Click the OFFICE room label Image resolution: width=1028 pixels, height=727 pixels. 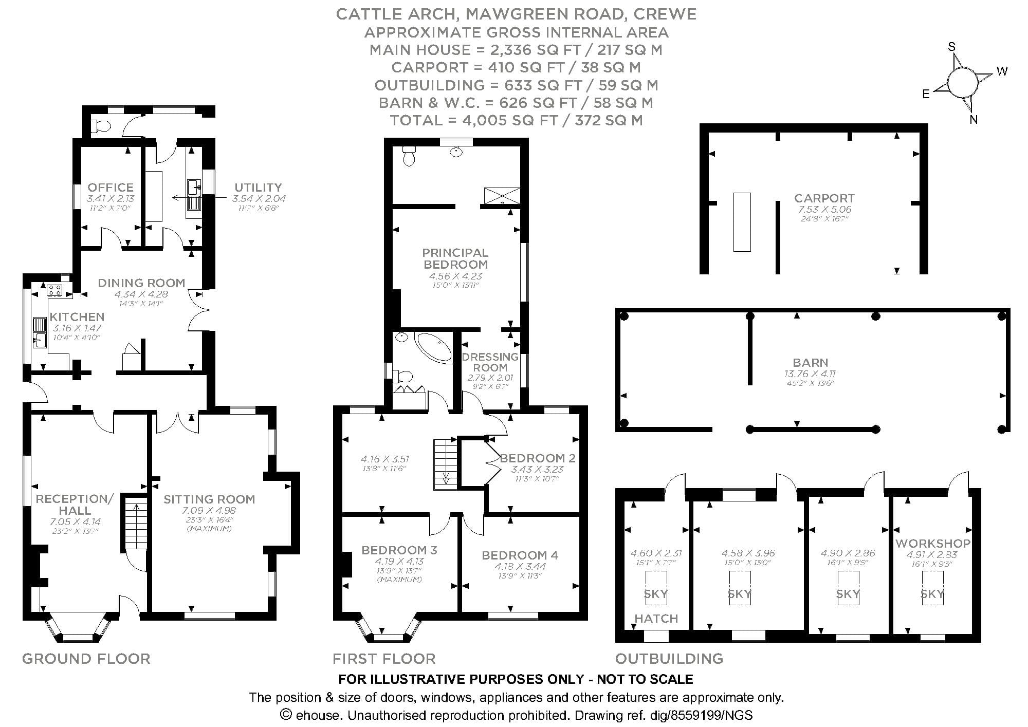pyautogui.click(x=110, y=187)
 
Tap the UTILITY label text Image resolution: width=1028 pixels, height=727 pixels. pyautogui.click(x=258, y=187)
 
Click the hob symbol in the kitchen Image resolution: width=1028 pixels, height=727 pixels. pyautogui.click(x=54, y=290)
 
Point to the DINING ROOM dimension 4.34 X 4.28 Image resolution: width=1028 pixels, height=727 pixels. pyautogui.click(x=141, y=294)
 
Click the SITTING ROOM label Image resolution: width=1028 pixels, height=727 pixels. pyautogui.click(x=209, y=499)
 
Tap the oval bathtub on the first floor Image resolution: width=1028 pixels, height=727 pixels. pyautogui.click(x=433, y=347)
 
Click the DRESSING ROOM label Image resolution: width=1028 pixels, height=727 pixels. pyautogui.click(x=490, y=362)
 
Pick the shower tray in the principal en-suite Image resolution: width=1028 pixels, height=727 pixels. pyautogui.click(x=502, y=196)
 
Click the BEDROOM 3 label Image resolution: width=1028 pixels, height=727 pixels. pyautogui.click(x=399, y=550)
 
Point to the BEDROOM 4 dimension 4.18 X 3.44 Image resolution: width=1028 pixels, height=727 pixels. pyautogui.click(x=520, y=566)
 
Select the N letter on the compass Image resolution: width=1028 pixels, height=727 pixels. pyautogui.click(x=973, y=120)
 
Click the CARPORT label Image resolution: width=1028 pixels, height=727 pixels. pyautogui.click(x=824, y=198)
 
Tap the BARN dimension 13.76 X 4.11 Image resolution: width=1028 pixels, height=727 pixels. pyautogui.click(x=810, y=374)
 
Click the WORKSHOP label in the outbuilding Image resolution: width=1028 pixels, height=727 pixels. pyautogui.click(x=932, y=543)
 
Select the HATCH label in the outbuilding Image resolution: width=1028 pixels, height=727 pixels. pyautogui.click(x=656, y=618)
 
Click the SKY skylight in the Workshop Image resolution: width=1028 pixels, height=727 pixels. pyautogui.click(x=932, y=594)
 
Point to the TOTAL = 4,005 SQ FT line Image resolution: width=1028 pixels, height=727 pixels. pyautogui.click(x=516, y=120)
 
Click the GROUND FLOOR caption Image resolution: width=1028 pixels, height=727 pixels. pyautogui.click(x=86, y=659)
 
